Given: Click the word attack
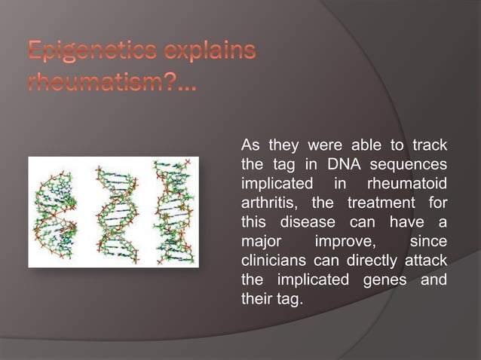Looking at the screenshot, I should click(x=426, y=261).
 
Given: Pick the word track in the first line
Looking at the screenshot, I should click(x=428, y=145).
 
